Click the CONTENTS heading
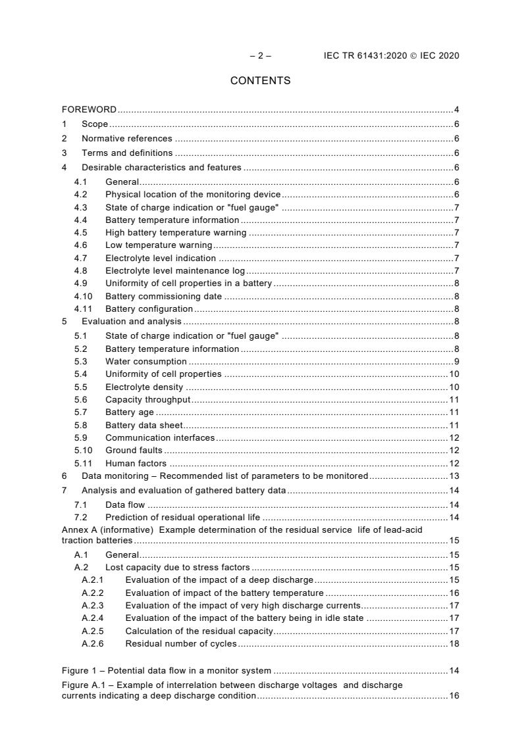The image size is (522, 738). [x=260, y=81]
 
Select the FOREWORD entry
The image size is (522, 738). [x=89, y=109]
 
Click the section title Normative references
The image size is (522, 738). [x=126, y=139]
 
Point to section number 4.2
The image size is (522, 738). [x=80, y=195]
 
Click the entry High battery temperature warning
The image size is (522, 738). [x=176, y=233]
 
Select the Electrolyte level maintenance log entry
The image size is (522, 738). [x=174, y=270]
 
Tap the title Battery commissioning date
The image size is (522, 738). [x=163, y=296]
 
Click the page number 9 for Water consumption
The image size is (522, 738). [x=456, y=362]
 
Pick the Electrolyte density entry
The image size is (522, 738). [x=144, y=387]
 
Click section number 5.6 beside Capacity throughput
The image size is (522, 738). [x=80, y=400]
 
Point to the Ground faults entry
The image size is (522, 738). [x=134, y=451]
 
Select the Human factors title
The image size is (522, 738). [x=136, y=463]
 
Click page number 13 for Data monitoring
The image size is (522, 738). [x=454, y=476]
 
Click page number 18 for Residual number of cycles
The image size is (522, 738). [x=454, y=643]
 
